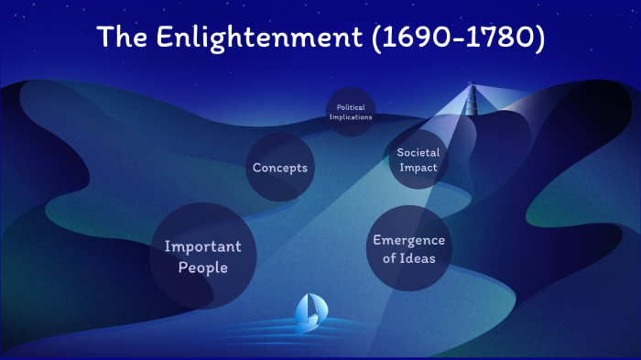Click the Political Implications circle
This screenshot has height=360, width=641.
click(x=350, y=113)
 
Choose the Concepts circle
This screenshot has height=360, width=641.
click(x=280, y=168)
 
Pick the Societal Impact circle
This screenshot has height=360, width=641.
click(x=418, y=160)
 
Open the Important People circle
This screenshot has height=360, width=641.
click(x=202, y=256)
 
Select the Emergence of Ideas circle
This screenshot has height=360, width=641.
click(x=408, y=249)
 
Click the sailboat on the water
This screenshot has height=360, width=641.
click(x=309, y=312)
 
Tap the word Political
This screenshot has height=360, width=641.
click(x=350, y=107)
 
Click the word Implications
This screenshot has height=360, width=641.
click(x=350, y=117)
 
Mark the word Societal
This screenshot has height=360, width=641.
click(x=418, y=152)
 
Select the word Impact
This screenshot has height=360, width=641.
click(x=418, y=168)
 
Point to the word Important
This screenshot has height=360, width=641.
click(x=202, y=246)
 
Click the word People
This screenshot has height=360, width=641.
click(x=202, y=267)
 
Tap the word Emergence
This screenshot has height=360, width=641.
click(x=408, y=240)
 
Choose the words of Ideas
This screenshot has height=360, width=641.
click(x=408, y=258)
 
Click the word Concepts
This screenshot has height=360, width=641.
click(x=280, y=168)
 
